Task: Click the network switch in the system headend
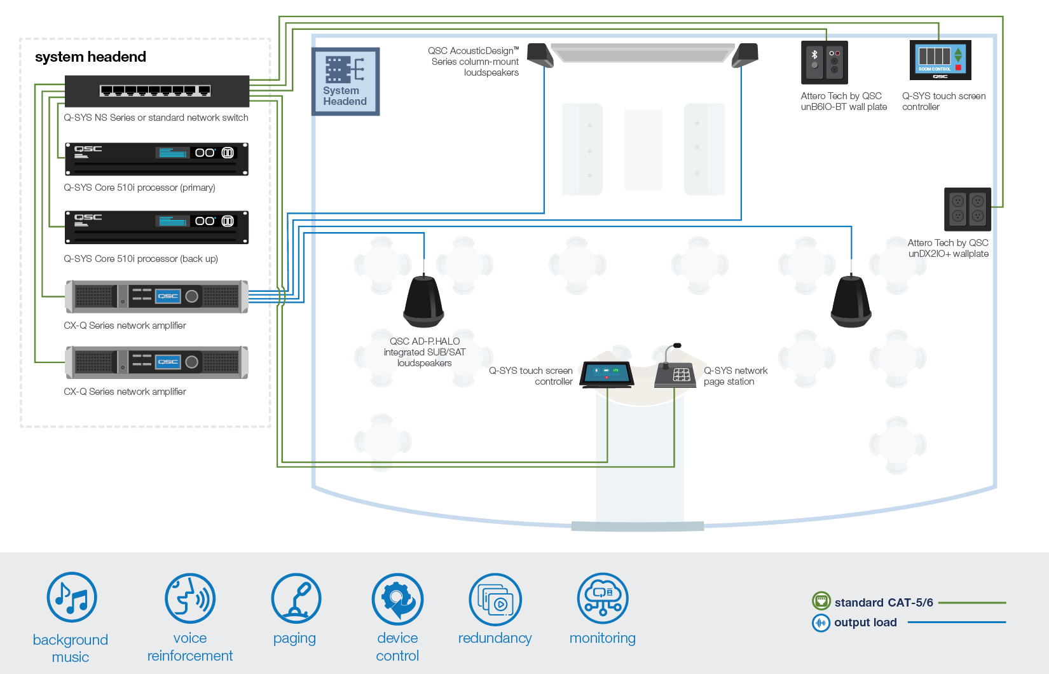(156, 91)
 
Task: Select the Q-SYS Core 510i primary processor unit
(156, 159)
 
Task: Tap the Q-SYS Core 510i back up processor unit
(156, 227)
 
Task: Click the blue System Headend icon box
(345, 81)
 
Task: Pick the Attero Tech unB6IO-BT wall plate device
(824, 62)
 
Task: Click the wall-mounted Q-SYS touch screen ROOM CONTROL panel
(940, 60)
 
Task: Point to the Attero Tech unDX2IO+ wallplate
(967, 209)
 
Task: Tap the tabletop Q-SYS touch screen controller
(607, 374)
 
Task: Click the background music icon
(72, 597)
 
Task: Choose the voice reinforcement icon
(190, 598)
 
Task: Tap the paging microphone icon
(296, 598)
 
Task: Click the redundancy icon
(495, 599)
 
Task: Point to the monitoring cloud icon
(602, 598)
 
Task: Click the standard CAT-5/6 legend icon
(821, 601)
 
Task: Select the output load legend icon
(821, 622)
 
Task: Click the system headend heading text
(90, 57)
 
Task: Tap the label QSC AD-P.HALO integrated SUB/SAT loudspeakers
(425, 352)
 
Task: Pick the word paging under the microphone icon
(294, 638)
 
